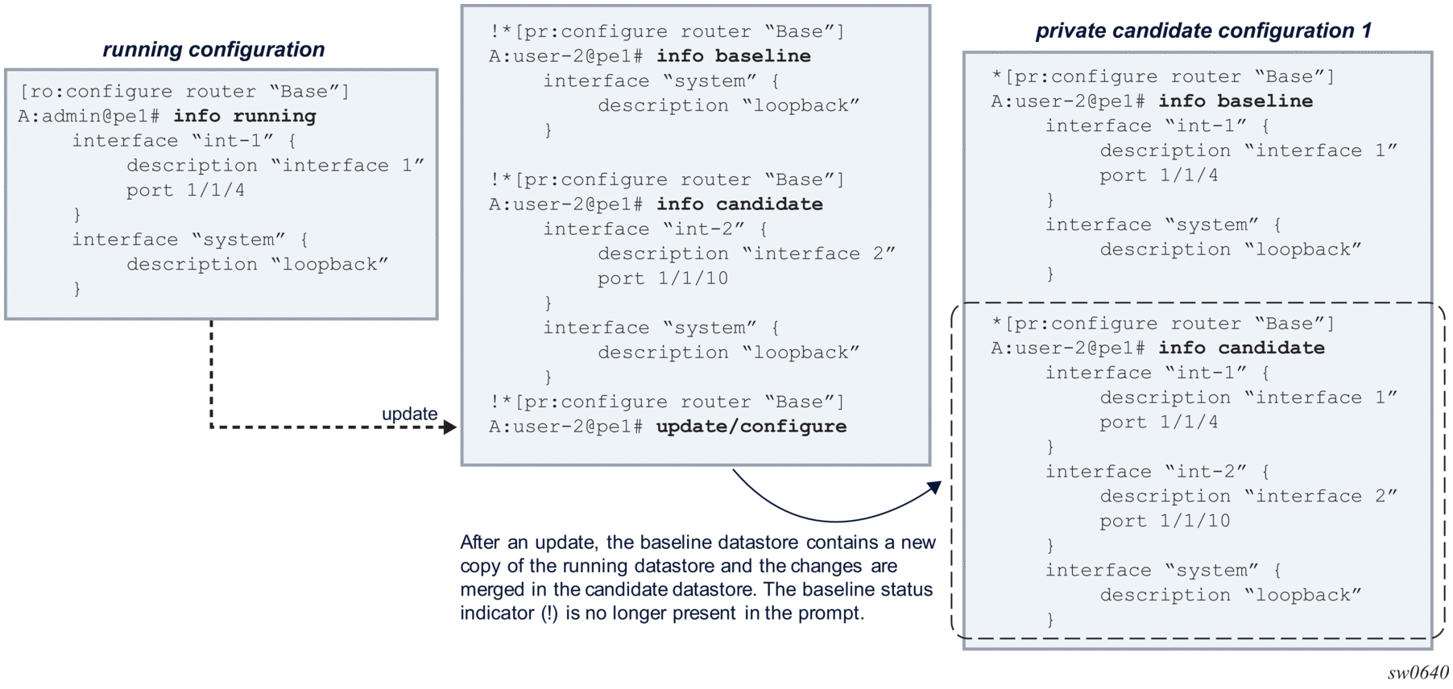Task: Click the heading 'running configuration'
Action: coord(213,50)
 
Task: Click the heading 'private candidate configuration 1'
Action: coord(1203,31)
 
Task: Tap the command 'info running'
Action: coord(245,116)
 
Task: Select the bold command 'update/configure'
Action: coord(751,427)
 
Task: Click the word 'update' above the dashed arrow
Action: coord(409,414)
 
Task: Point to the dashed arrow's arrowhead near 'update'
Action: coord(449,427)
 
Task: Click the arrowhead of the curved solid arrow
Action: coord(934,487)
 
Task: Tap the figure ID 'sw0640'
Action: coord(1418,673)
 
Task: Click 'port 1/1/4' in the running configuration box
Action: coord(185,191)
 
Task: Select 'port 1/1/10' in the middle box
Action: coord(663,278)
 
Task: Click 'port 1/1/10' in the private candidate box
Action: coord(1165,521)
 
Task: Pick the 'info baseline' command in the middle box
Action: coord(734,56)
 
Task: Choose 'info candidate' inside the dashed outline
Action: coord(1242,348)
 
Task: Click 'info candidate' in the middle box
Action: coord(739,204)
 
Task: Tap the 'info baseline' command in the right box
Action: coord(1236,101)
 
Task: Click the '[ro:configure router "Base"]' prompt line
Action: coord(184,91)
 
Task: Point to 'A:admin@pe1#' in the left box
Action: coord(89,116)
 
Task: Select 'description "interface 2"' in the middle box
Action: coord(746,254)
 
